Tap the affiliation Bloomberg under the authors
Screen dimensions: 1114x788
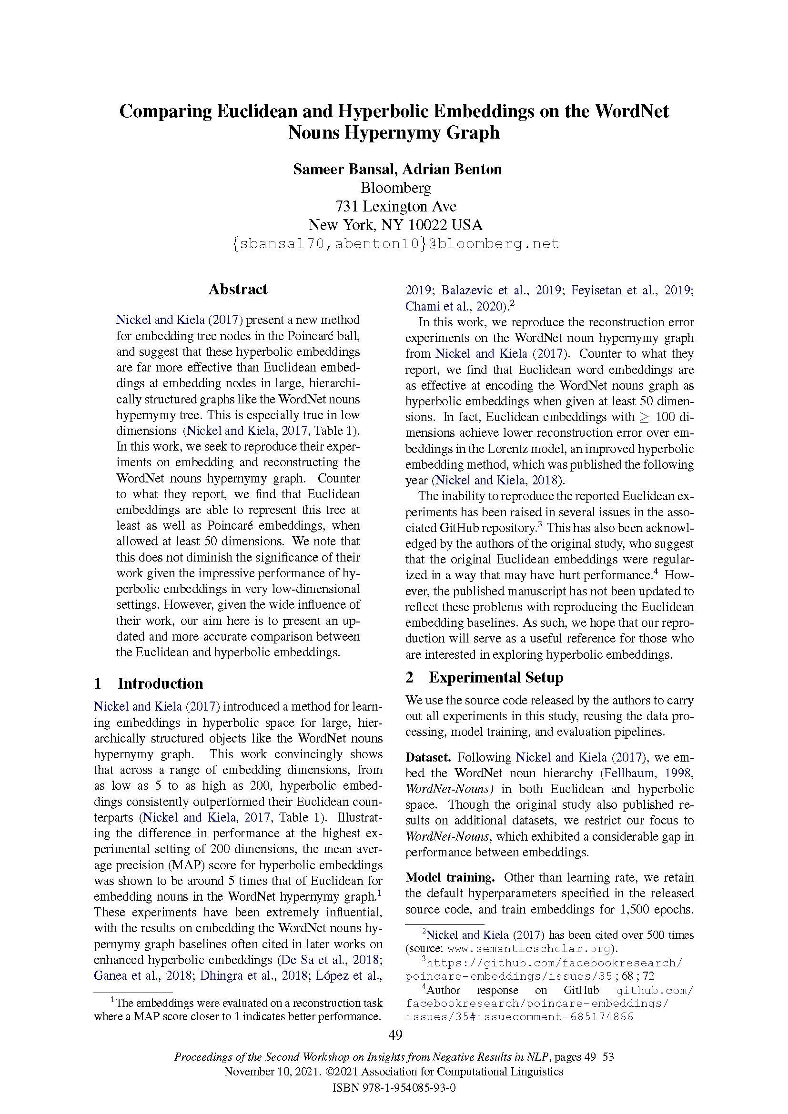click(x=395, y=188)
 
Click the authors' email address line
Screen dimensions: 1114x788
click(x=395, y=243)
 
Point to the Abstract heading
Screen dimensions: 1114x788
click(x=238, y=289)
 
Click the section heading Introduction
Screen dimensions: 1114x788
click(x=160, y=683)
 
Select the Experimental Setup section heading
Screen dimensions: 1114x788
click(x=495, y=677)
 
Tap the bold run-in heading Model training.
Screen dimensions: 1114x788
click(x=450, y=877)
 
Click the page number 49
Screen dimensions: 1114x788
click(x=395, y=1034)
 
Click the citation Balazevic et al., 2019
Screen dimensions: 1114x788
click(x=501, y=290)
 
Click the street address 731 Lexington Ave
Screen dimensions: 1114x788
click(x=395, y=207)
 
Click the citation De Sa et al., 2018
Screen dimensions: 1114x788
click(x=330, y=960)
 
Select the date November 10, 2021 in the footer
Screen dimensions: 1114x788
click(x=271, y=1071)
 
